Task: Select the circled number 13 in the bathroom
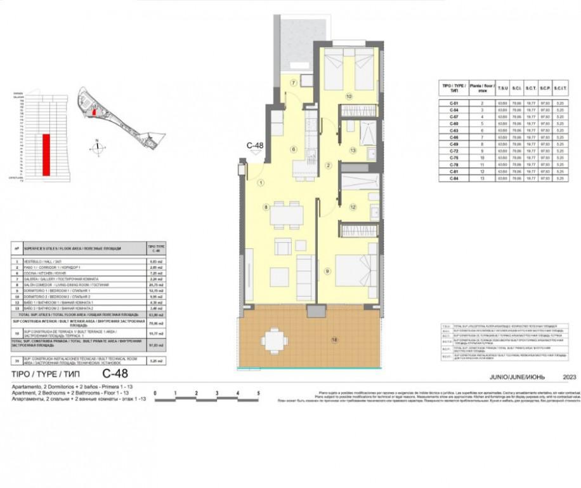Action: (353, 150)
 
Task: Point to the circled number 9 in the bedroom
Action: (327, 271)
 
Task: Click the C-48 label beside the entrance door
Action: (255, 146)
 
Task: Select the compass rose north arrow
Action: (96, 148)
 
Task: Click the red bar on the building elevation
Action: (46, 154)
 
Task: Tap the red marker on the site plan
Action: (95, 112)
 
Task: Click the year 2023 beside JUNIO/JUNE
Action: (569, 377)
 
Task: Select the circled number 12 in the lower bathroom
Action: (353, 207)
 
